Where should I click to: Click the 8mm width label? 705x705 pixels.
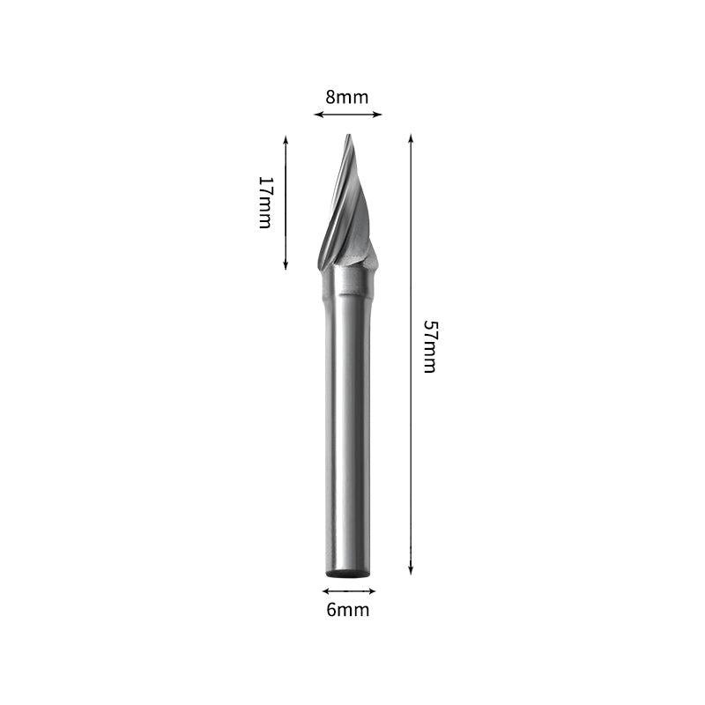point(346,97)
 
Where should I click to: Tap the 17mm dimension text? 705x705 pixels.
point(265,202)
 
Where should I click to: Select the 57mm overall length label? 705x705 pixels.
point(429,346)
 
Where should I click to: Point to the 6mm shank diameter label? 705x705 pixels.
point(348,610)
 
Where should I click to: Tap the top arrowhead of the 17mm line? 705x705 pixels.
point(286,139)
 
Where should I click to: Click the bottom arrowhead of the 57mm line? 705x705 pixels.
point(411,570)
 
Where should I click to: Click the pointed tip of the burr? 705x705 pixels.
point(348,137)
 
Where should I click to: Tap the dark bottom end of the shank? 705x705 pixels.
point(348,573)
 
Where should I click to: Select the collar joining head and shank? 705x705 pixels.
point(350,280)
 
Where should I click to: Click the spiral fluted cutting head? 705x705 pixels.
point(346,211)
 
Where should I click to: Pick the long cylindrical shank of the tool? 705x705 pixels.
point(348,423)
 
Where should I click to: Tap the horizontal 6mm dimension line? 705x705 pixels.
point(349,590)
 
